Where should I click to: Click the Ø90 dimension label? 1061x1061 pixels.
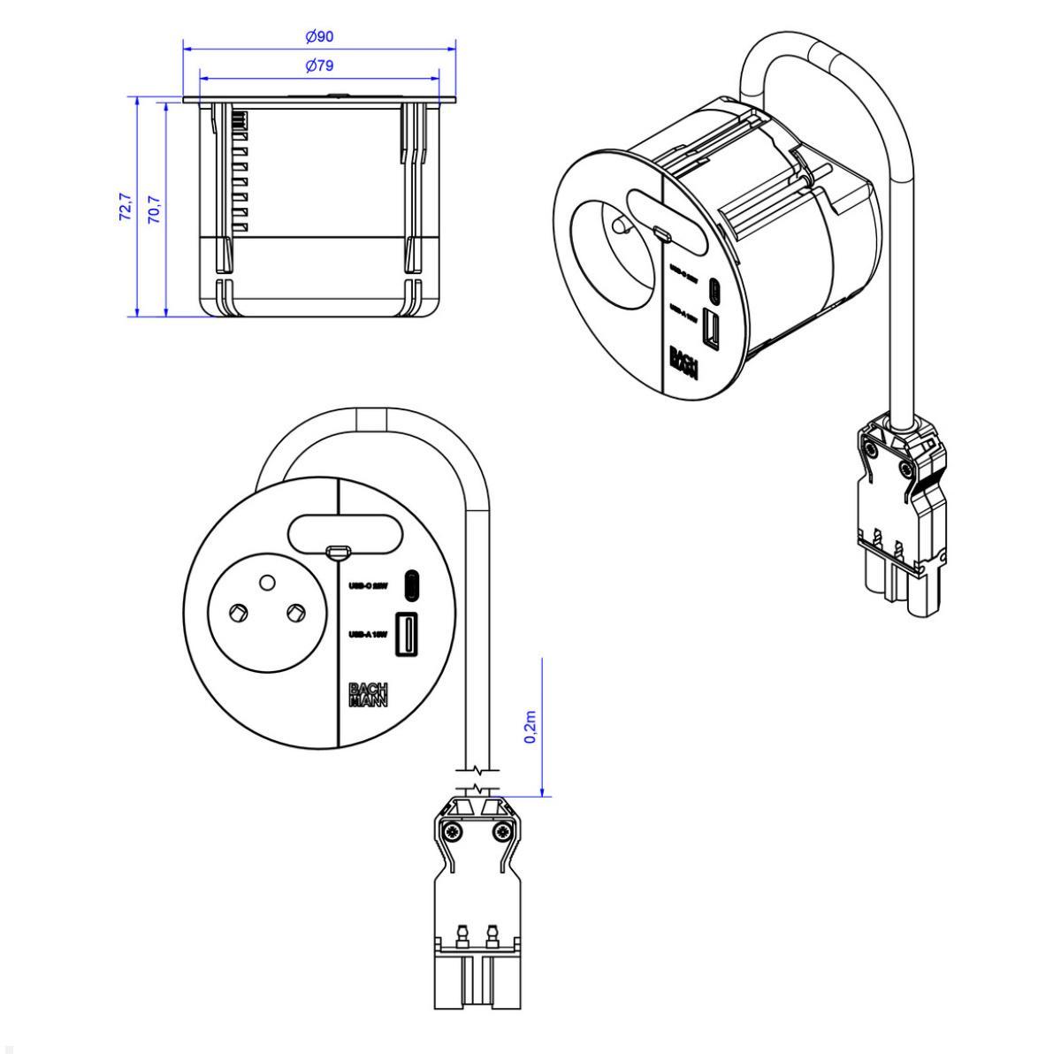click(x=319, y=36)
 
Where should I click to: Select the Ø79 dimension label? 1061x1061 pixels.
click(x=319, y=66)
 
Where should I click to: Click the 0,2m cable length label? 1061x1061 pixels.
click(x=530, y=726)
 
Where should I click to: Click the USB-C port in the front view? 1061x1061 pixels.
click(x=411, y=584)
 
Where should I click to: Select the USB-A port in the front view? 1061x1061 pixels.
click(x=408, y=635)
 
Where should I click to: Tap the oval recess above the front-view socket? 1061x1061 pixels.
click(x=345, y=534)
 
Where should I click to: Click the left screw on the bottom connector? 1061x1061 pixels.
click(x=454, y=831)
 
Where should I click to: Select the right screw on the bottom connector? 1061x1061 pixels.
click(x=503, y=831)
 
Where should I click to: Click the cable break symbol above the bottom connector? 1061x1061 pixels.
click(x=477, y=779)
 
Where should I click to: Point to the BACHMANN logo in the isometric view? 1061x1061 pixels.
click(x=683, y=362)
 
